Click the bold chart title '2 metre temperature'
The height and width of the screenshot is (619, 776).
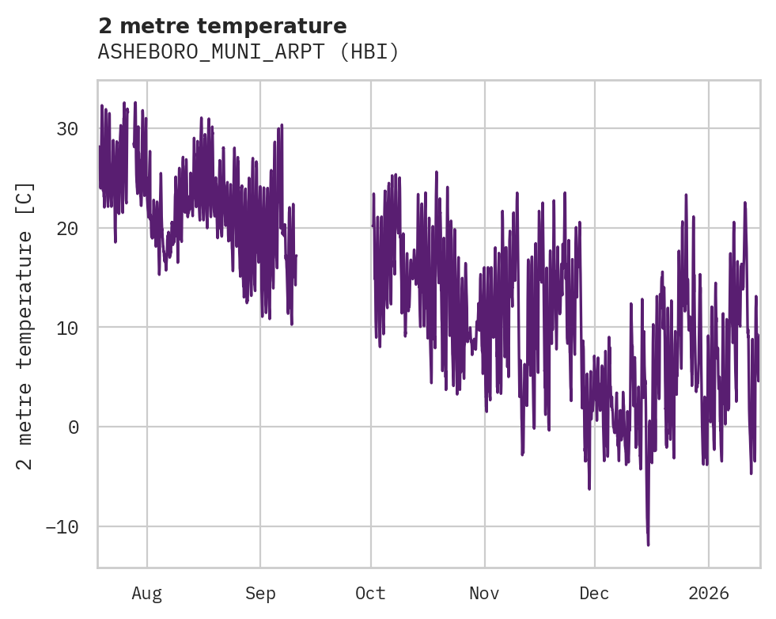pos(222,26)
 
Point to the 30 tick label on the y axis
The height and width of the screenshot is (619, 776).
pos(67,129)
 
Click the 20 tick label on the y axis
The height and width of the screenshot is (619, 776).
pos(67,229)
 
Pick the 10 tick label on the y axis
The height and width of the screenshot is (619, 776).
pos(67,328)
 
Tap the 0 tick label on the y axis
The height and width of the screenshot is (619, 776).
pos(73,427)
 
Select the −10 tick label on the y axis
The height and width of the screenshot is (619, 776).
pos(62,527)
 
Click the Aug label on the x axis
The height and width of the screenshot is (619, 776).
pos(146,593)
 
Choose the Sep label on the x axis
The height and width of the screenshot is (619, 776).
pos(260,593)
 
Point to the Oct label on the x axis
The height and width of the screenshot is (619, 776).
pos(370,593)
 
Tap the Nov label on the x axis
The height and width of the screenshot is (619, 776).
pos(484,593)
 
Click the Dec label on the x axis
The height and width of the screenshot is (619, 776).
pos(594,593)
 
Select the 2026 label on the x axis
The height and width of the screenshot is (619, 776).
pos(708,593)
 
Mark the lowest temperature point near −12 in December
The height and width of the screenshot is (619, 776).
pos(648,545)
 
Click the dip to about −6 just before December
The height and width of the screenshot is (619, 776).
pos(589,488)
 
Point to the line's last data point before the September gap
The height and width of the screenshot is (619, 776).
pos(296,256)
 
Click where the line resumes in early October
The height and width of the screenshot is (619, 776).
pos(373,226)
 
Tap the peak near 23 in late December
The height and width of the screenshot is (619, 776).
pos(686,195)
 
